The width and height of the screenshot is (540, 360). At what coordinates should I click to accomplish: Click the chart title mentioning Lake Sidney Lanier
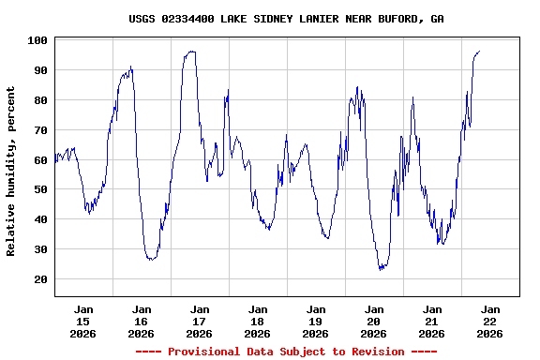[x=287, y=19]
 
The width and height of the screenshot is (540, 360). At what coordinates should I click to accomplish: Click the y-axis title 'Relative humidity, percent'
[x=11, y=171]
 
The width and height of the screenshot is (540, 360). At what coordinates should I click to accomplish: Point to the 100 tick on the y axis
[x=38, y=40]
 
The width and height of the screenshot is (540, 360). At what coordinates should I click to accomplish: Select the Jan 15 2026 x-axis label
[x=83, y=321]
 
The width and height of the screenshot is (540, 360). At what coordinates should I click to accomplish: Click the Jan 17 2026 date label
[x=199, y=321]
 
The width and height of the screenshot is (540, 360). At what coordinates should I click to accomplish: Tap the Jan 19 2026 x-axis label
[x=315, y=321]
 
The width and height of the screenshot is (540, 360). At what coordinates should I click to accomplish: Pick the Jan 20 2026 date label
[x=373, y=321]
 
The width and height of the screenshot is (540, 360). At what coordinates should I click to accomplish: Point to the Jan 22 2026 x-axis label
[x=489, y=321]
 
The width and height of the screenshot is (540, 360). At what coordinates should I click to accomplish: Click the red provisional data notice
[x=286, y=352]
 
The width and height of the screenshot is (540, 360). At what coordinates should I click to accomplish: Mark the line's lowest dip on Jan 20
[x=381, y=269]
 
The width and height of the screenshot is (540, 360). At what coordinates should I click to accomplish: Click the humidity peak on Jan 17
[x=191, y=52]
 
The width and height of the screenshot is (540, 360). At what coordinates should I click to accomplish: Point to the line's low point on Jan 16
[x=150, y=259]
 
